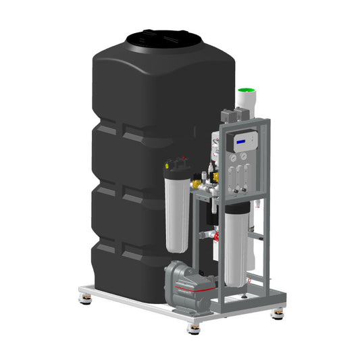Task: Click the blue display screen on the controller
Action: [241, 140]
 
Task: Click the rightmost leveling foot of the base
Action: [278, 313]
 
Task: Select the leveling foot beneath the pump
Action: [194, 327]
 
